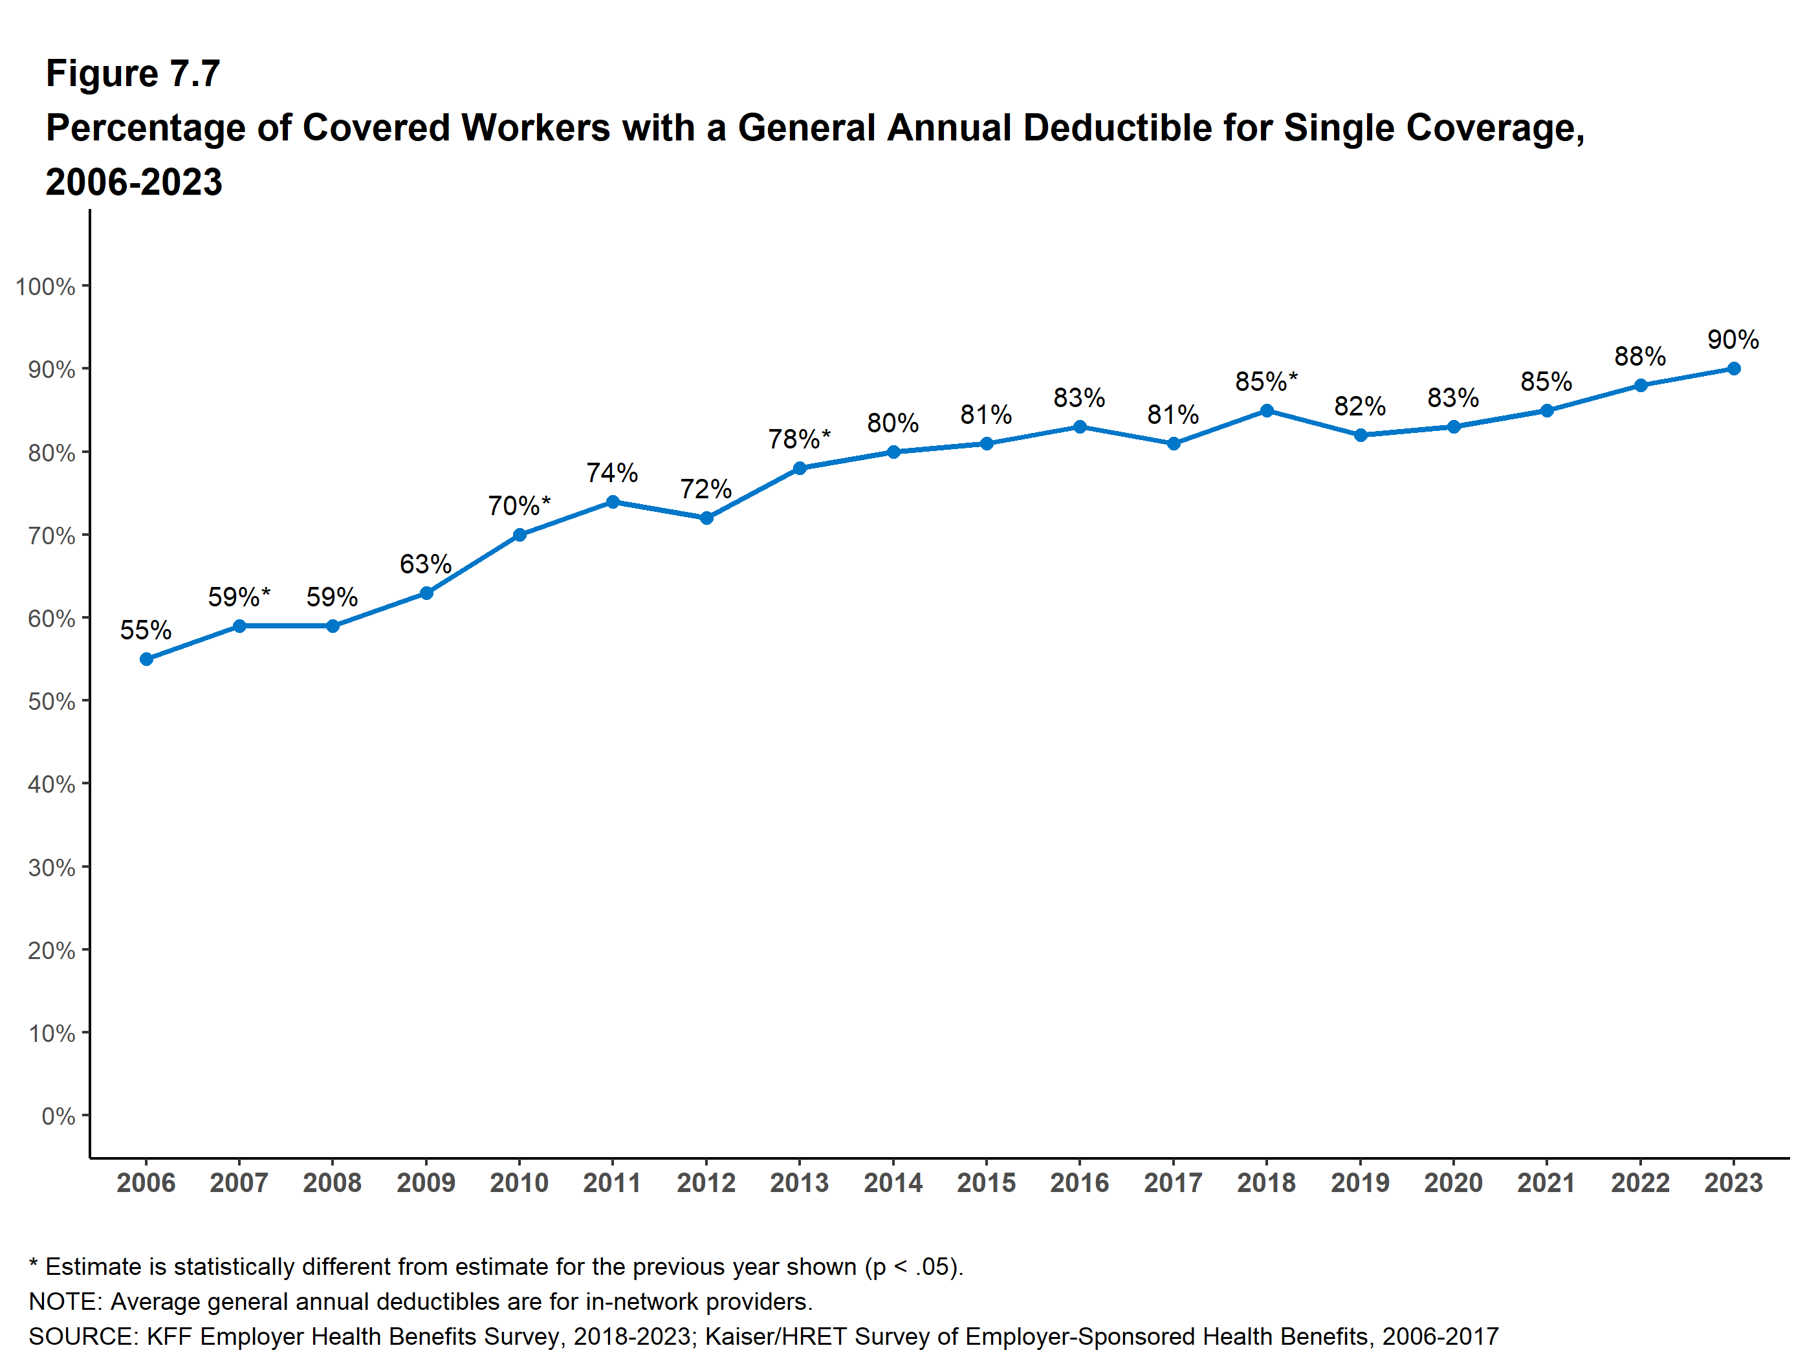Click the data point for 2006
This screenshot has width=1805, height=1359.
coord(146,659)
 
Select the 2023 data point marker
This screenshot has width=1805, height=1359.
coord(1733,369)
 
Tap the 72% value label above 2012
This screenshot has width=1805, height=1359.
coord(706,489)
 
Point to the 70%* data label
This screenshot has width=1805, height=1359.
coord(519,506)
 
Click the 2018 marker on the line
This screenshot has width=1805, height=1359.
coord(1267,410)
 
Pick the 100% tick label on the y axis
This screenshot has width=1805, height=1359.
coord(46,287)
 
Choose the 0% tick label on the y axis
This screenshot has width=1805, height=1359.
coord(58,1116)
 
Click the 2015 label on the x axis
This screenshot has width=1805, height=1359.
coord(986,1183)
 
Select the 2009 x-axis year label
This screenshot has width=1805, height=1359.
coord(426,1183)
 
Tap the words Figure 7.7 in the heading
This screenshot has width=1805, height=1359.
coord(133,74)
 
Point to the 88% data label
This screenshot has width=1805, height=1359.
coord(1639,357)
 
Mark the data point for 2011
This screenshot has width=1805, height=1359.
coord(613,502)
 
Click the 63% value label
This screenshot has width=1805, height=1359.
coord(425,564)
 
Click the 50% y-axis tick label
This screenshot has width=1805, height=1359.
coord(51,701)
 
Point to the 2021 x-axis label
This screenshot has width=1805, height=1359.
coord(1546,1183)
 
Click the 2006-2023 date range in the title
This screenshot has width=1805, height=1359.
coord(134,182)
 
